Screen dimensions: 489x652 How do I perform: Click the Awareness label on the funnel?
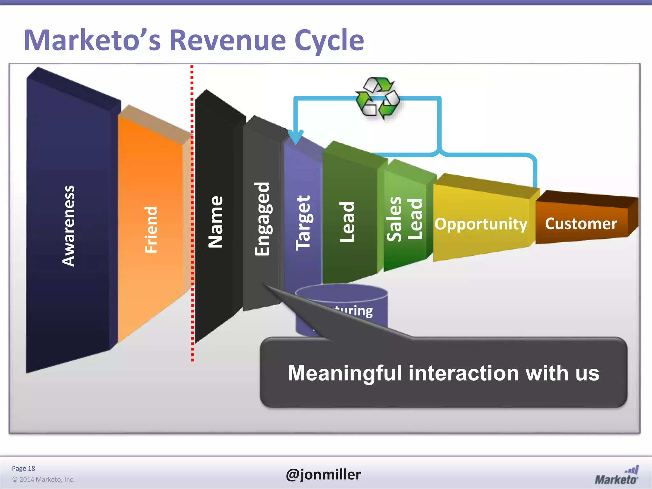click(x=68, y=226)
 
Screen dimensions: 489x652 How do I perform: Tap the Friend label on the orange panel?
click(x=151, y=230)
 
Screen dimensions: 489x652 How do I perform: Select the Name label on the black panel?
click(x=216, y=222)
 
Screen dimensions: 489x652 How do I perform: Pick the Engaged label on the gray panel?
click(x=262, y=219)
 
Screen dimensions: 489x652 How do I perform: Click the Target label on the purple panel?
click(x=303, y=223)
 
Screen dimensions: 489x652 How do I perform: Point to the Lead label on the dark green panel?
click(x=347, y=222)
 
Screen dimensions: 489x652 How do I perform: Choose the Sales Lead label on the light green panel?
click(x=405, y=219)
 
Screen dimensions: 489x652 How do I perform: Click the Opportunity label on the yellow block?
click(x=481, y=224)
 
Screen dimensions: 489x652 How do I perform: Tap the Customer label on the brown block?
click(x=581, y=223)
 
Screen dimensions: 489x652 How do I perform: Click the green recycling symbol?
click(x=378, y=98)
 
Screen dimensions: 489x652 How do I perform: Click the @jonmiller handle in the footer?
click(x=323, y=474)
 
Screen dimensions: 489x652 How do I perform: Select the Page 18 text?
click(x=23, y=468)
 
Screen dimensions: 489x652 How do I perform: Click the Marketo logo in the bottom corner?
click(x=617, y=476)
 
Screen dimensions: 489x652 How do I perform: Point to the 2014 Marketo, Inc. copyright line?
click(x=43, y=479)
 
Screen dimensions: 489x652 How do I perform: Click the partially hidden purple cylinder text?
click(x=353, y=311)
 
